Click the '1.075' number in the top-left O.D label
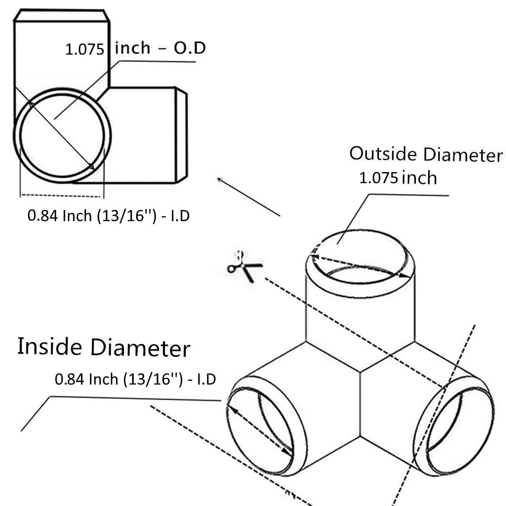[85, 50]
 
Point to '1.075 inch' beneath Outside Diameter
[398, 178]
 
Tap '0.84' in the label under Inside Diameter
[69, 379]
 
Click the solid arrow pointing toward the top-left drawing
[248, 197]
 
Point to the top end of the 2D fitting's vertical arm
[62, 15]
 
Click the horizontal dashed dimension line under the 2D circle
[61, 195]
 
